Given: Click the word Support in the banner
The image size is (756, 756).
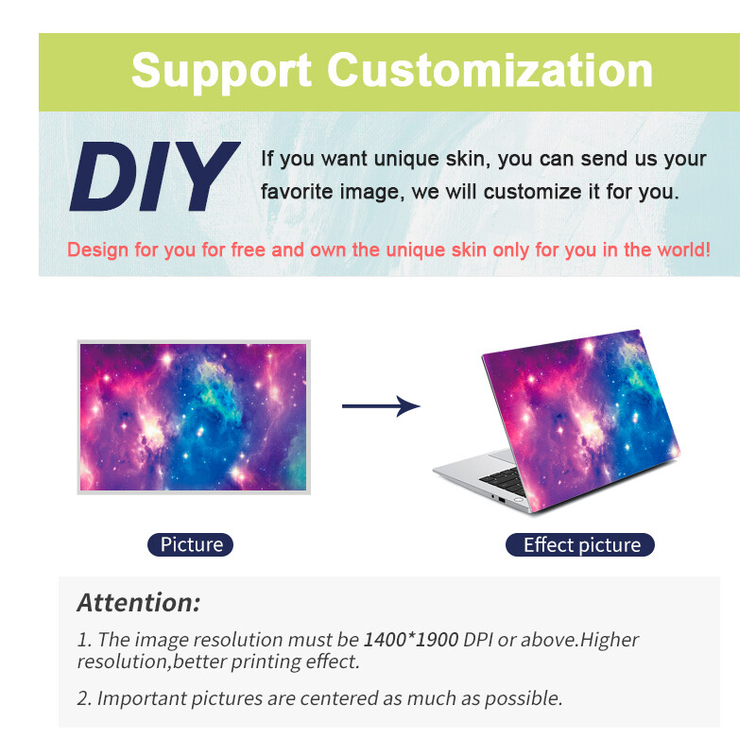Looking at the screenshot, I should tap(221, 70).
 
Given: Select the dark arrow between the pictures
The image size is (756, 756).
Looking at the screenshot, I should tap(380, 406).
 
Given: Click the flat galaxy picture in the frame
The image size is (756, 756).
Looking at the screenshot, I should tap(193, 416).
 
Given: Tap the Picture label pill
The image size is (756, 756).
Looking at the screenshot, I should tap(191, 544).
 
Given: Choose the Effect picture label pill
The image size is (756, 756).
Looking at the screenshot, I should tap(581, 544).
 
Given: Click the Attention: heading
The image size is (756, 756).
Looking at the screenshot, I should tap(138, 602).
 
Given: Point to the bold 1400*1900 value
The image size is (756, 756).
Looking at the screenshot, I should tap(410, 640).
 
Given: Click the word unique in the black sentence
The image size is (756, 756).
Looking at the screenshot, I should tap(396, 159).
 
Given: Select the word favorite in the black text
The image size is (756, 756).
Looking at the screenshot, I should tap(294, 191).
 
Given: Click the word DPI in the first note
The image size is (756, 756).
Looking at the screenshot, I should tap(478, 640).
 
